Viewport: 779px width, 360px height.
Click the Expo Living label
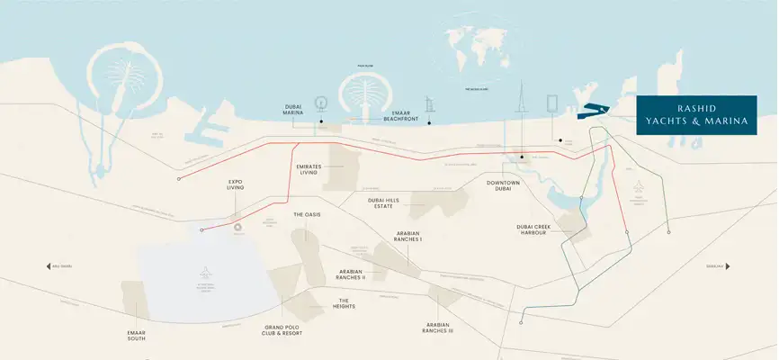tap(236, 185)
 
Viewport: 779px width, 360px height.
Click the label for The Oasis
tap(307, 214)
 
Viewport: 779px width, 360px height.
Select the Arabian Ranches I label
tap(408, 237)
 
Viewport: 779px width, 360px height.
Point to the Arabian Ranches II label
tap(351, 274)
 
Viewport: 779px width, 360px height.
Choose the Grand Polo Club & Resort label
tap(282, 329)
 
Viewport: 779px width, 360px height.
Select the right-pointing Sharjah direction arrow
tap(729, 266)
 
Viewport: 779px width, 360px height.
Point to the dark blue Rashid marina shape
tap(592, 111)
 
